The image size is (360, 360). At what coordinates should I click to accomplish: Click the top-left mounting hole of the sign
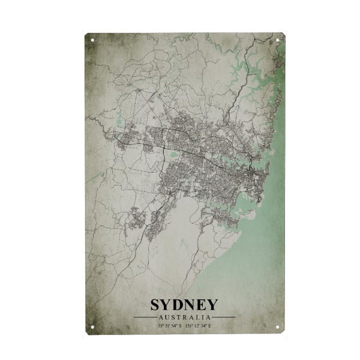(x=92, y=40)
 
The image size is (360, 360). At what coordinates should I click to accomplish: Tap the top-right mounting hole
(x=278, y=40)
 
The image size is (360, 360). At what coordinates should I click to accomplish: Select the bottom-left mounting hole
(x=92, y=327)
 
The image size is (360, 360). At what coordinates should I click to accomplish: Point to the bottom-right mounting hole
(x=278, y=327)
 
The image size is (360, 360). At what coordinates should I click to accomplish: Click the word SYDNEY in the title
(x=184, y=305)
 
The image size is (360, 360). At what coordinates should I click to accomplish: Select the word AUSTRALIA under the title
(x=184, y=317)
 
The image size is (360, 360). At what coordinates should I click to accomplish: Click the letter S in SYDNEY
(x=155, y=305)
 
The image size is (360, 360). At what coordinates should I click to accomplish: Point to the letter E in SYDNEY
(x=202, y=305)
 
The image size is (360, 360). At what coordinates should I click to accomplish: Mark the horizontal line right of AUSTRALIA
(x=224, y=317)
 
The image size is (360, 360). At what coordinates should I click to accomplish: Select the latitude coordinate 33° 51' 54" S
(x=169, y=325)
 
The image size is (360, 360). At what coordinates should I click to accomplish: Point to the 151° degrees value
(x=190, y=325)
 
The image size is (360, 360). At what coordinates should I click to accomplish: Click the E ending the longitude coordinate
(x=211, y=325)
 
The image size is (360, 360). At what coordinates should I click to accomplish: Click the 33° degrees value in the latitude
(x=161, y=325)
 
